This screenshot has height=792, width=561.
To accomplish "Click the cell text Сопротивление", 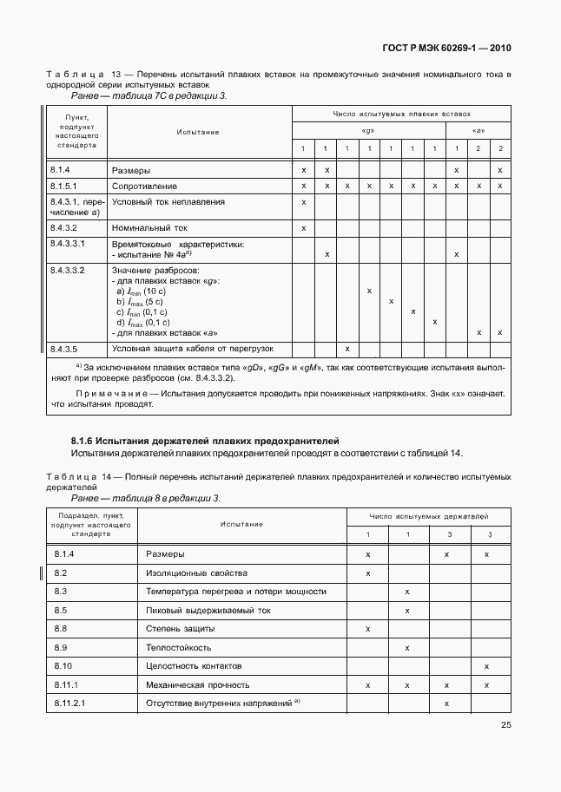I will click(144, 186).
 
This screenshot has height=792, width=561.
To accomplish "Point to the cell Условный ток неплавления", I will click(168, 201).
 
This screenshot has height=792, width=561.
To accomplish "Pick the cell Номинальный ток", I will click(149, 228).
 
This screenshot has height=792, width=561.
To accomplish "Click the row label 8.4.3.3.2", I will click(67, 271).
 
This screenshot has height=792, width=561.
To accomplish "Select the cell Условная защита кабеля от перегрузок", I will click(192, 348).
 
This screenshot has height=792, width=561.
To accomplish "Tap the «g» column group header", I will click(368, 131).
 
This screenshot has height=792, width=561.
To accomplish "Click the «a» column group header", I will click(478, 131).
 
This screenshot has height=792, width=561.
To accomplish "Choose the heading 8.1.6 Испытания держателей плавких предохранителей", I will click(204, 442).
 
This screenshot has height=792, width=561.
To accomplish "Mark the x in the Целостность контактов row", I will click(486, 665).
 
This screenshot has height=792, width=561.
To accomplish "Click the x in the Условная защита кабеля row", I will click(347, 349).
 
